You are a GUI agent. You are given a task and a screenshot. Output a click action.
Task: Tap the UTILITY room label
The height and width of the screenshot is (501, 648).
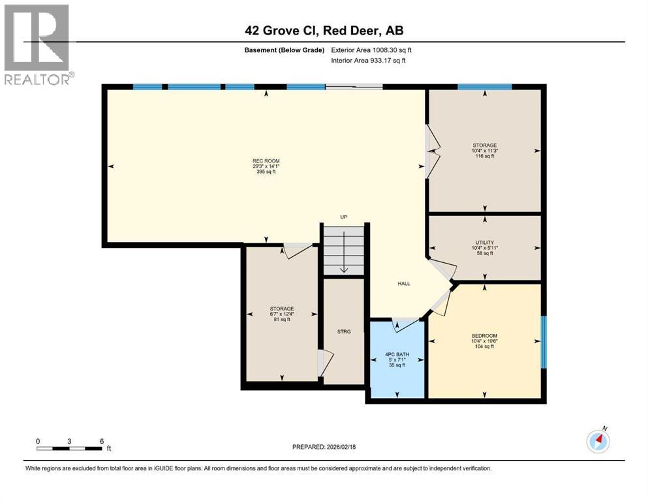[484, 242]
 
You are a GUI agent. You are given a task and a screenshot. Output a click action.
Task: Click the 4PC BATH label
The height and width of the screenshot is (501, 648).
[396, 354]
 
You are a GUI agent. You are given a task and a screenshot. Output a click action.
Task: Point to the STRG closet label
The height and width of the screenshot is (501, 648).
[344, 332]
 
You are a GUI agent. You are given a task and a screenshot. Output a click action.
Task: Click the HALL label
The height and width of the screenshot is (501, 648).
[404, 283]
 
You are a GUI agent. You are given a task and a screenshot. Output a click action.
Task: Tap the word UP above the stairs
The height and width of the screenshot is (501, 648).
[343, 217]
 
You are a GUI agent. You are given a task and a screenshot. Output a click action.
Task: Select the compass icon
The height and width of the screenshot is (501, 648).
[598, 441]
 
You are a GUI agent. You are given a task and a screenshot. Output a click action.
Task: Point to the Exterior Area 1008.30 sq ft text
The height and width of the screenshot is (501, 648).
[371, 50]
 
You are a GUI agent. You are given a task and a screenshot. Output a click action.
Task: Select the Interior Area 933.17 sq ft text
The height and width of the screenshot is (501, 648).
[369, 61]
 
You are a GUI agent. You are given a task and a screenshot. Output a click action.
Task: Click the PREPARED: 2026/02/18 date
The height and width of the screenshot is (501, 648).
[324, 447]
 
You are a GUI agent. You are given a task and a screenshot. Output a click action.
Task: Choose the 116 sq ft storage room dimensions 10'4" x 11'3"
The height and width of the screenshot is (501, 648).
[484, 151]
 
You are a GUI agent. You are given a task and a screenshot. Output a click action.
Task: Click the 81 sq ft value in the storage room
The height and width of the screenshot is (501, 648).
[282, 320]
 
